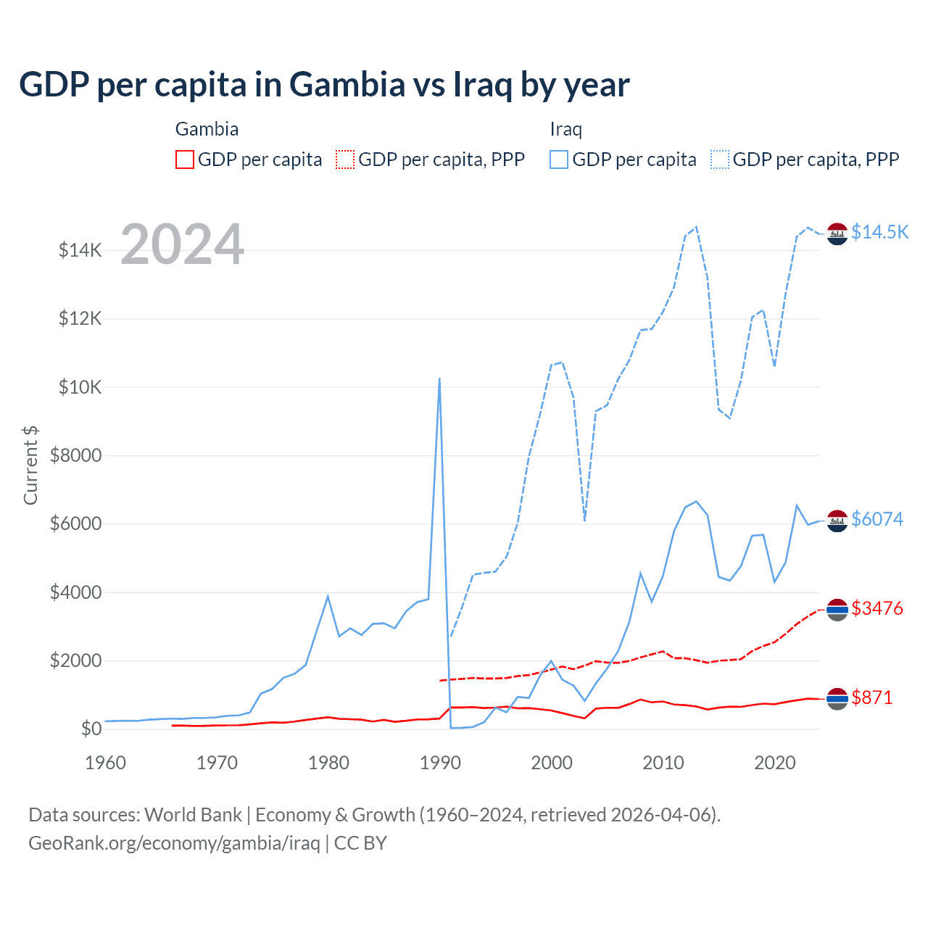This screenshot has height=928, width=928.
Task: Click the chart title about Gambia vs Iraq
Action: (324, 85)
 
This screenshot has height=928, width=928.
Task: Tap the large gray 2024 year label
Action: (182, 244)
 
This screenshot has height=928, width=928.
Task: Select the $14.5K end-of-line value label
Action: (879, 232)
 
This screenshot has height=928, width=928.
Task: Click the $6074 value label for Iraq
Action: (877, 519)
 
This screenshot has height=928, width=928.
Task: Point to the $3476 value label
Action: (877, 608)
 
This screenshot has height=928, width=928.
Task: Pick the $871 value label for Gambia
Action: (871, 697)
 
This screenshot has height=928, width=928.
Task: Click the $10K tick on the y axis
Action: (80, 387)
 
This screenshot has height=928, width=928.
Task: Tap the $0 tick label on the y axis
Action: (91, 729)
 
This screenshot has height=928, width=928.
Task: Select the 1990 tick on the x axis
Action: (440, 763)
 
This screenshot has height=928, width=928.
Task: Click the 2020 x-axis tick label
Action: (775, 763)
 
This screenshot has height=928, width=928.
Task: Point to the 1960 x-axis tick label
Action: (106, 763)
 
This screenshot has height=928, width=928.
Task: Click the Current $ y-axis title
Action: (30, 465)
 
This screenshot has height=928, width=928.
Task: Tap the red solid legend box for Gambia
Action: (185, 159)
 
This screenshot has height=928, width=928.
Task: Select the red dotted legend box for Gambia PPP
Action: (345, 159)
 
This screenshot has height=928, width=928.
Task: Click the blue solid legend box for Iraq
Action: (559, 159)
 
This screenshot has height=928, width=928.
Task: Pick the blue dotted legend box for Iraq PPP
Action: (720, 159)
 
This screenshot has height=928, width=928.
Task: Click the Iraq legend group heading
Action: (565, 129)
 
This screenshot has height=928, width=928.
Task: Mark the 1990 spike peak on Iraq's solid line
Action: (439, 378)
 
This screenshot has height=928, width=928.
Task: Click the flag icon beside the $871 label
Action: (837, 698)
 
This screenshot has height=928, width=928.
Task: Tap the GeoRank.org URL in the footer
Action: (174, 843)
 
